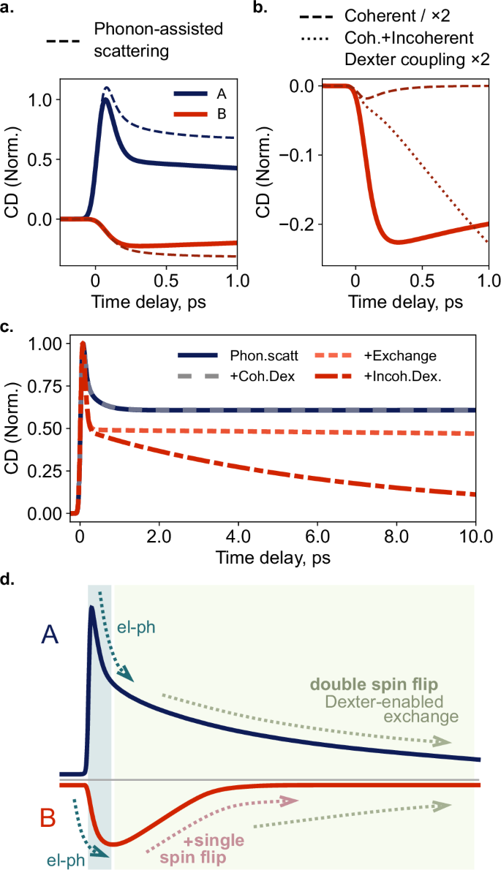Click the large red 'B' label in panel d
pos(48,819)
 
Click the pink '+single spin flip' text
pos(207,841)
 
